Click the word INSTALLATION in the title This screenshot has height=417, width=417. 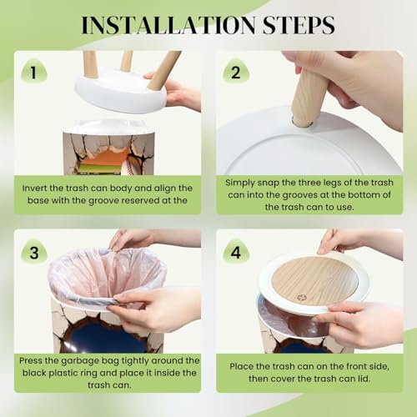point(168,25)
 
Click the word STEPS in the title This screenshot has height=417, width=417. point(299,25)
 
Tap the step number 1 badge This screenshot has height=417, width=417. point(34,72)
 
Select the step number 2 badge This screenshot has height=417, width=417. point(236,72)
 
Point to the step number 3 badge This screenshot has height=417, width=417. point(34,252)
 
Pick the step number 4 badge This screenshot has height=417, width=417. point(236,252)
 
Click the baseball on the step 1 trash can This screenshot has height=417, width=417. point(132,164)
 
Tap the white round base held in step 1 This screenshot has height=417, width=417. point(121,90)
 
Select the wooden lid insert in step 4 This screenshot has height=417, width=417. point(314,281)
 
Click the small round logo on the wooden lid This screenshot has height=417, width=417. point(301,297)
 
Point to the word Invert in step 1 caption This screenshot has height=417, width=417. point(34,188)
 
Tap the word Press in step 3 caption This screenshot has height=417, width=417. point(30,360)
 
